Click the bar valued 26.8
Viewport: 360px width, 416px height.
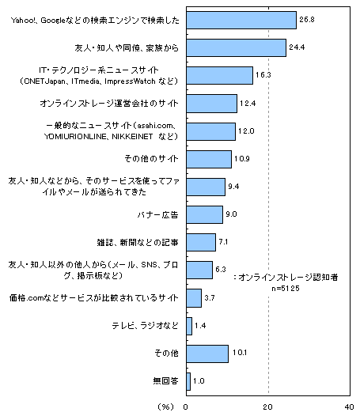coord(241,20)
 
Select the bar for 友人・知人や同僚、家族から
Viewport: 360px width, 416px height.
coord(237,47)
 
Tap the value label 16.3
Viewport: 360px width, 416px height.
coord(263,75)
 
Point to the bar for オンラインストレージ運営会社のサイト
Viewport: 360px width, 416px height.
coord(211,104)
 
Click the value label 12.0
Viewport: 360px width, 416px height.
coord(246,130)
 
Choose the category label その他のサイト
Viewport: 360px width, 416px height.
coord(151,159)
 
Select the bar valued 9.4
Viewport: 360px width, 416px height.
coord(206,187)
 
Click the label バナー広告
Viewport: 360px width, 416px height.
coord(157,214)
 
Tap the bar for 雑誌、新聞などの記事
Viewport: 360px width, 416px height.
coord(201,242)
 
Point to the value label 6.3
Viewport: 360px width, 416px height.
coord(221,269)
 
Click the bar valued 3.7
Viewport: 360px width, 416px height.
coord(194,298)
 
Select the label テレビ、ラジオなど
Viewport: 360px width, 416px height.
coord(145,326)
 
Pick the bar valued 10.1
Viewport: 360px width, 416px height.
coord(207,354)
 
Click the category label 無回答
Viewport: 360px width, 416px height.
coord(165,381)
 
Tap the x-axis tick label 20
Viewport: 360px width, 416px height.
coord(268,407)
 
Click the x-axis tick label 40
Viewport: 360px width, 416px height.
coord(350,407)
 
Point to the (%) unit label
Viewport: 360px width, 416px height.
coord(166,407)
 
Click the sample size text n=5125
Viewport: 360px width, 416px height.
coord(286,288)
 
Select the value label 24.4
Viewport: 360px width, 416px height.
coord(297,47)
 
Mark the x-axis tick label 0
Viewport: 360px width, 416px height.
coord(186,407)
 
